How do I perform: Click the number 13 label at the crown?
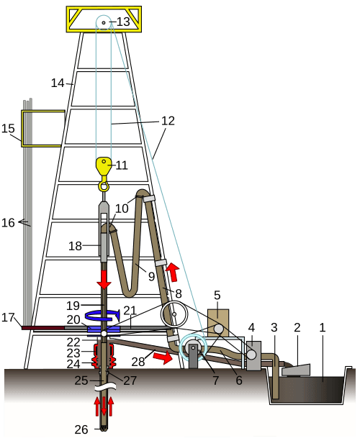(123, 22)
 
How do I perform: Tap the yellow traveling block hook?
(104, 173)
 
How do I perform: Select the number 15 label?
(8, 129)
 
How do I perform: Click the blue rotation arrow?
(103, 315)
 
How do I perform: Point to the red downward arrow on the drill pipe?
(104, 279)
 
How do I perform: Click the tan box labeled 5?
(218, 322)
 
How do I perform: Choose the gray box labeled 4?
(253, 356)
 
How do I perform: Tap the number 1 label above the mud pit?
(323, 327)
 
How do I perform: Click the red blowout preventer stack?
(104, 355)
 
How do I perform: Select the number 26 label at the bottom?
(81, 429)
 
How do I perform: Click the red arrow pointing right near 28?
(163, 357)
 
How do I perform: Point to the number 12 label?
(168, 121)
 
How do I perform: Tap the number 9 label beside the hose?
(151, 276)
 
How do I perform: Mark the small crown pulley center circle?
(104, 22)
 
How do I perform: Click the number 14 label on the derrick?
(58, 83)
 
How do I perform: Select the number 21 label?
(130, 311)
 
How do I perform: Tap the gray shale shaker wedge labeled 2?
(297, 370)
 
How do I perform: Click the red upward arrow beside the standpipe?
(173, 272)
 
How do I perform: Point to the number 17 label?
(8, 317)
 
